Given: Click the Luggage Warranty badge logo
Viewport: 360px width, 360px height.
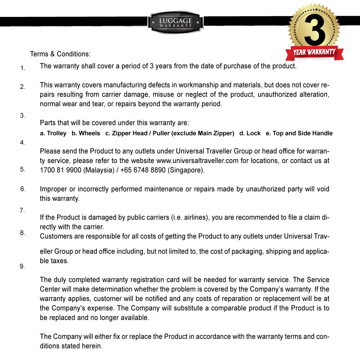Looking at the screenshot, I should coord(175,22).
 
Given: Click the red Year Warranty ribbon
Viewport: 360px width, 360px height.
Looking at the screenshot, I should coord(314,53).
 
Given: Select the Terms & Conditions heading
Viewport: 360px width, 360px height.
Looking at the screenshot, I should coord(60,54).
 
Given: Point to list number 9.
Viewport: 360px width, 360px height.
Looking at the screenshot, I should coord(22,267).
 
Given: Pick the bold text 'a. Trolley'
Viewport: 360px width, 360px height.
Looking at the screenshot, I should coord(53,134).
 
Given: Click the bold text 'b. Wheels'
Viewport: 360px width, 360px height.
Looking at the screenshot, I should coord(86,134).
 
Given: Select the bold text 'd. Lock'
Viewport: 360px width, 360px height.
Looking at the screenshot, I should coord(250,134).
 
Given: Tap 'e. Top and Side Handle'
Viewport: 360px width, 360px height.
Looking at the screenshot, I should coord(299,134).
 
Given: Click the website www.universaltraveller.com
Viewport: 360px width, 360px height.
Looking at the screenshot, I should coord(197,161).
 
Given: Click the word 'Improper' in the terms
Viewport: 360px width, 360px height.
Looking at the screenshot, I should coord(53,189).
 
